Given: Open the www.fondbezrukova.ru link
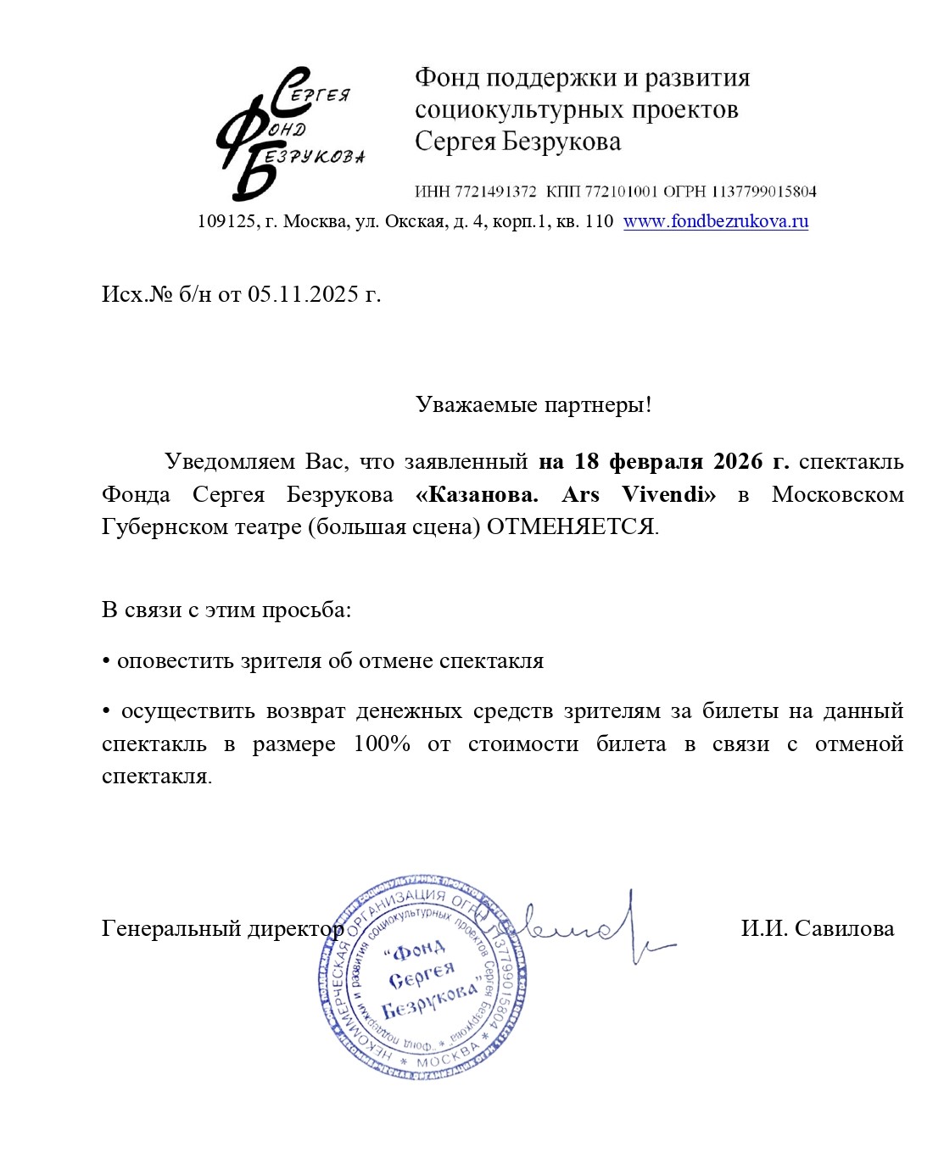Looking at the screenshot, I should [715, 221].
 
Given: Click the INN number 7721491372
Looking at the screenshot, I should [495, 192].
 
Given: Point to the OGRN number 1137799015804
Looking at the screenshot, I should [763, 192].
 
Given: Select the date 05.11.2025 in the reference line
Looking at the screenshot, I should [303, 294].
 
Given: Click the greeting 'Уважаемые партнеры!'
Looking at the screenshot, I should [533, 404].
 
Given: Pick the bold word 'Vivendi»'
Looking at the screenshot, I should [668, 494].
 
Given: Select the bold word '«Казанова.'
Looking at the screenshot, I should [477, 494].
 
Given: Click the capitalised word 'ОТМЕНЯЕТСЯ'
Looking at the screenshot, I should [571, 526].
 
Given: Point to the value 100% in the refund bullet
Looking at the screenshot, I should [382, 743].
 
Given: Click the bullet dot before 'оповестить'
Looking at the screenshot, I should [106, 662].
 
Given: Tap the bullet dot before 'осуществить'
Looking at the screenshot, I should [106, 712].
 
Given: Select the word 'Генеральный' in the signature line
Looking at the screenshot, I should [171, 929].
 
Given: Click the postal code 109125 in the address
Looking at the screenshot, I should [226, 221].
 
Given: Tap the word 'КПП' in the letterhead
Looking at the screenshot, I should [562, 192].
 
